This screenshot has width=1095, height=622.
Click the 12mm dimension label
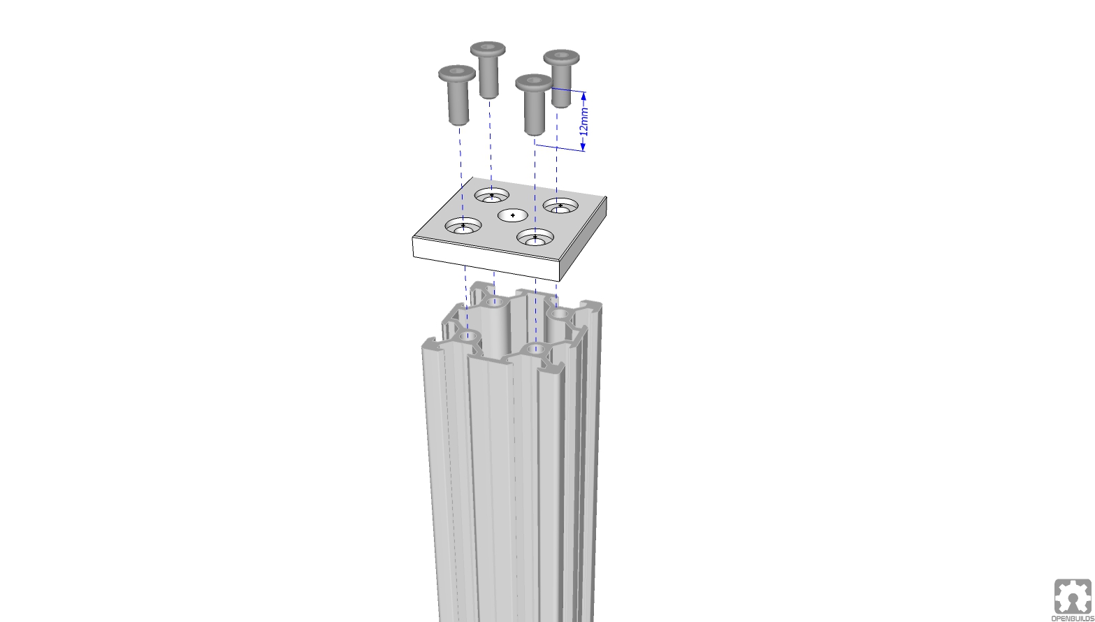point(585,120)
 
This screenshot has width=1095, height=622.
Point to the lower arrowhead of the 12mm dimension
point(583,146)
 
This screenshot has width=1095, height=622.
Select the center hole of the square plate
point(513,215)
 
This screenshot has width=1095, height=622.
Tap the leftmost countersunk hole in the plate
point(463,226)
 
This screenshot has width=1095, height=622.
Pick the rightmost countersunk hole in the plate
point(560,206)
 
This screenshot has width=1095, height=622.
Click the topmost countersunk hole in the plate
point(491,196)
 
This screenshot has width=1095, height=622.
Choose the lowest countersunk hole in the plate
point(535,238)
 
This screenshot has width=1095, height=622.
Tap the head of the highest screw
point(488,49)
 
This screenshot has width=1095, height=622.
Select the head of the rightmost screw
point(561,57)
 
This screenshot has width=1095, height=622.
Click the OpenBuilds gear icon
point(1073,596)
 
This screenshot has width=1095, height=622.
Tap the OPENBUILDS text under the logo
point(1073,619)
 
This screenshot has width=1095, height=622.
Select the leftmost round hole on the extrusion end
point(470,337)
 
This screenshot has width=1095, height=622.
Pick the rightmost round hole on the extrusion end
point(559,315)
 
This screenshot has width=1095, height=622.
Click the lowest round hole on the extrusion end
point(535,349)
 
